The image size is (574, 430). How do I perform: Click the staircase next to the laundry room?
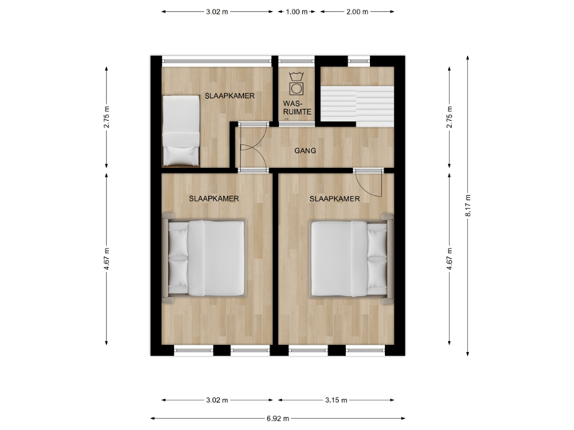point(357,96)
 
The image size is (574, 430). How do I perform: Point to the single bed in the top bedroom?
point(179,128)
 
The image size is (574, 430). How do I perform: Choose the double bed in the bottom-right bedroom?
point(348,258)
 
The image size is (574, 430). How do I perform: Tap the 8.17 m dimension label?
point(469,208)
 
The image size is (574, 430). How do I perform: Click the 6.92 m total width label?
point(277,417)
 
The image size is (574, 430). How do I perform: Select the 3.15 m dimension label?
point(335,400)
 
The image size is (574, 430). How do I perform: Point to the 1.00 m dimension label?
point(297,12)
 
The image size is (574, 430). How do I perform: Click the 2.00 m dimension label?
point(357,12)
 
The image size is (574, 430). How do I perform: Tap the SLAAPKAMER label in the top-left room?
point(230,96)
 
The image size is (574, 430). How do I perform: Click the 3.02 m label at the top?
point(217,12)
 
